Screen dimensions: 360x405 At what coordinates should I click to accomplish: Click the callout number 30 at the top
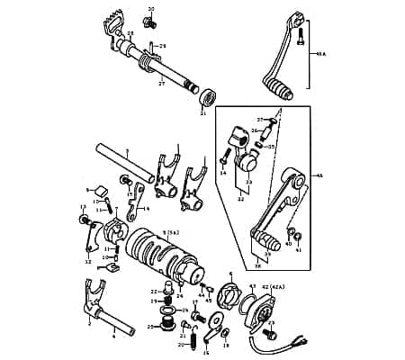151,9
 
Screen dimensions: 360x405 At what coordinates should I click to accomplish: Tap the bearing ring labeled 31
207,94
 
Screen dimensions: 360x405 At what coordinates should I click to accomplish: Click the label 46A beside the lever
321,53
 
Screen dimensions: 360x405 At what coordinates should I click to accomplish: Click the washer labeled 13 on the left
85,219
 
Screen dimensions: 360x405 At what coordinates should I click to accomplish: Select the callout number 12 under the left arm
87,261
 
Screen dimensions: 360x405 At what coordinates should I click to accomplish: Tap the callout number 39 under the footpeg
267,255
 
